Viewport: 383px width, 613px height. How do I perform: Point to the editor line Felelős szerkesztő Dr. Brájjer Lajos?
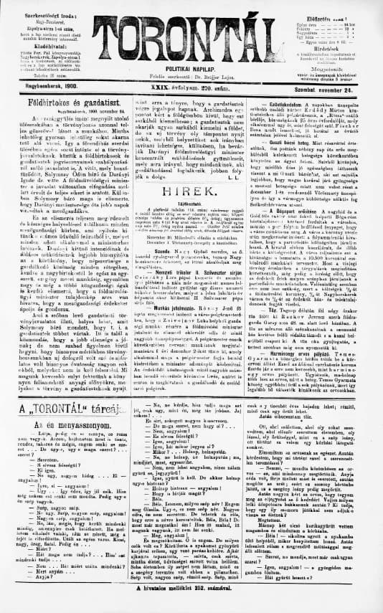click(191, 74)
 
